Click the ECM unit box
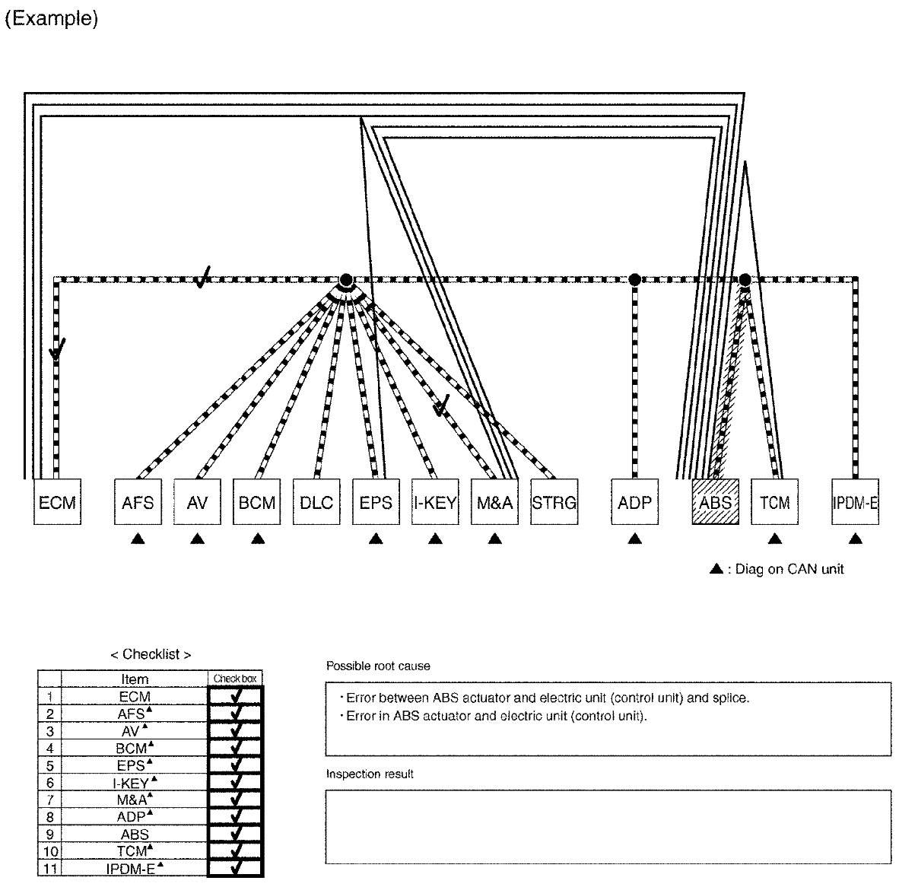click(57, 502)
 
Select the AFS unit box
click(138, 502)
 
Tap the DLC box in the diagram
click(316, 502)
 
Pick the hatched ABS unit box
click(715, 502)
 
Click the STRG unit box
click(554, 502)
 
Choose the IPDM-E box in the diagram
click(856, 502)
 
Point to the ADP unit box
click(634, 502)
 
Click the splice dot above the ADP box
click(635, 280)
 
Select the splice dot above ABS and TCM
click(745, 280)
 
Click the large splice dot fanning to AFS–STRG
click(346, 280)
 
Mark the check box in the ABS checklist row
click(235, 834)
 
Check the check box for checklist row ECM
click(235, 695)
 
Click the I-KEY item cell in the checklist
click(135, 782)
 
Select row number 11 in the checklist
click(50, 869)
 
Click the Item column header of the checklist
click(135, 679)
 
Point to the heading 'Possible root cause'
click(378, 666)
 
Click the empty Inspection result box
click(608, 826)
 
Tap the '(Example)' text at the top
click(52, 20)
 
